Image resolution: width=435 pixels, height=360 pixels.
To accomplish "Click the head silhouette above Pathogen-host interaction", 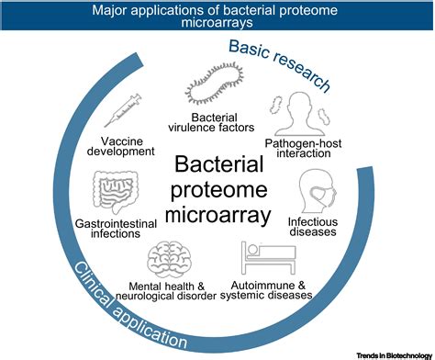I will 294,113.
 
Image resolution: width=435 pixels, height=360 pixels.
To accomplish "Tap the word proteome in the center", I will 219,192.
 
